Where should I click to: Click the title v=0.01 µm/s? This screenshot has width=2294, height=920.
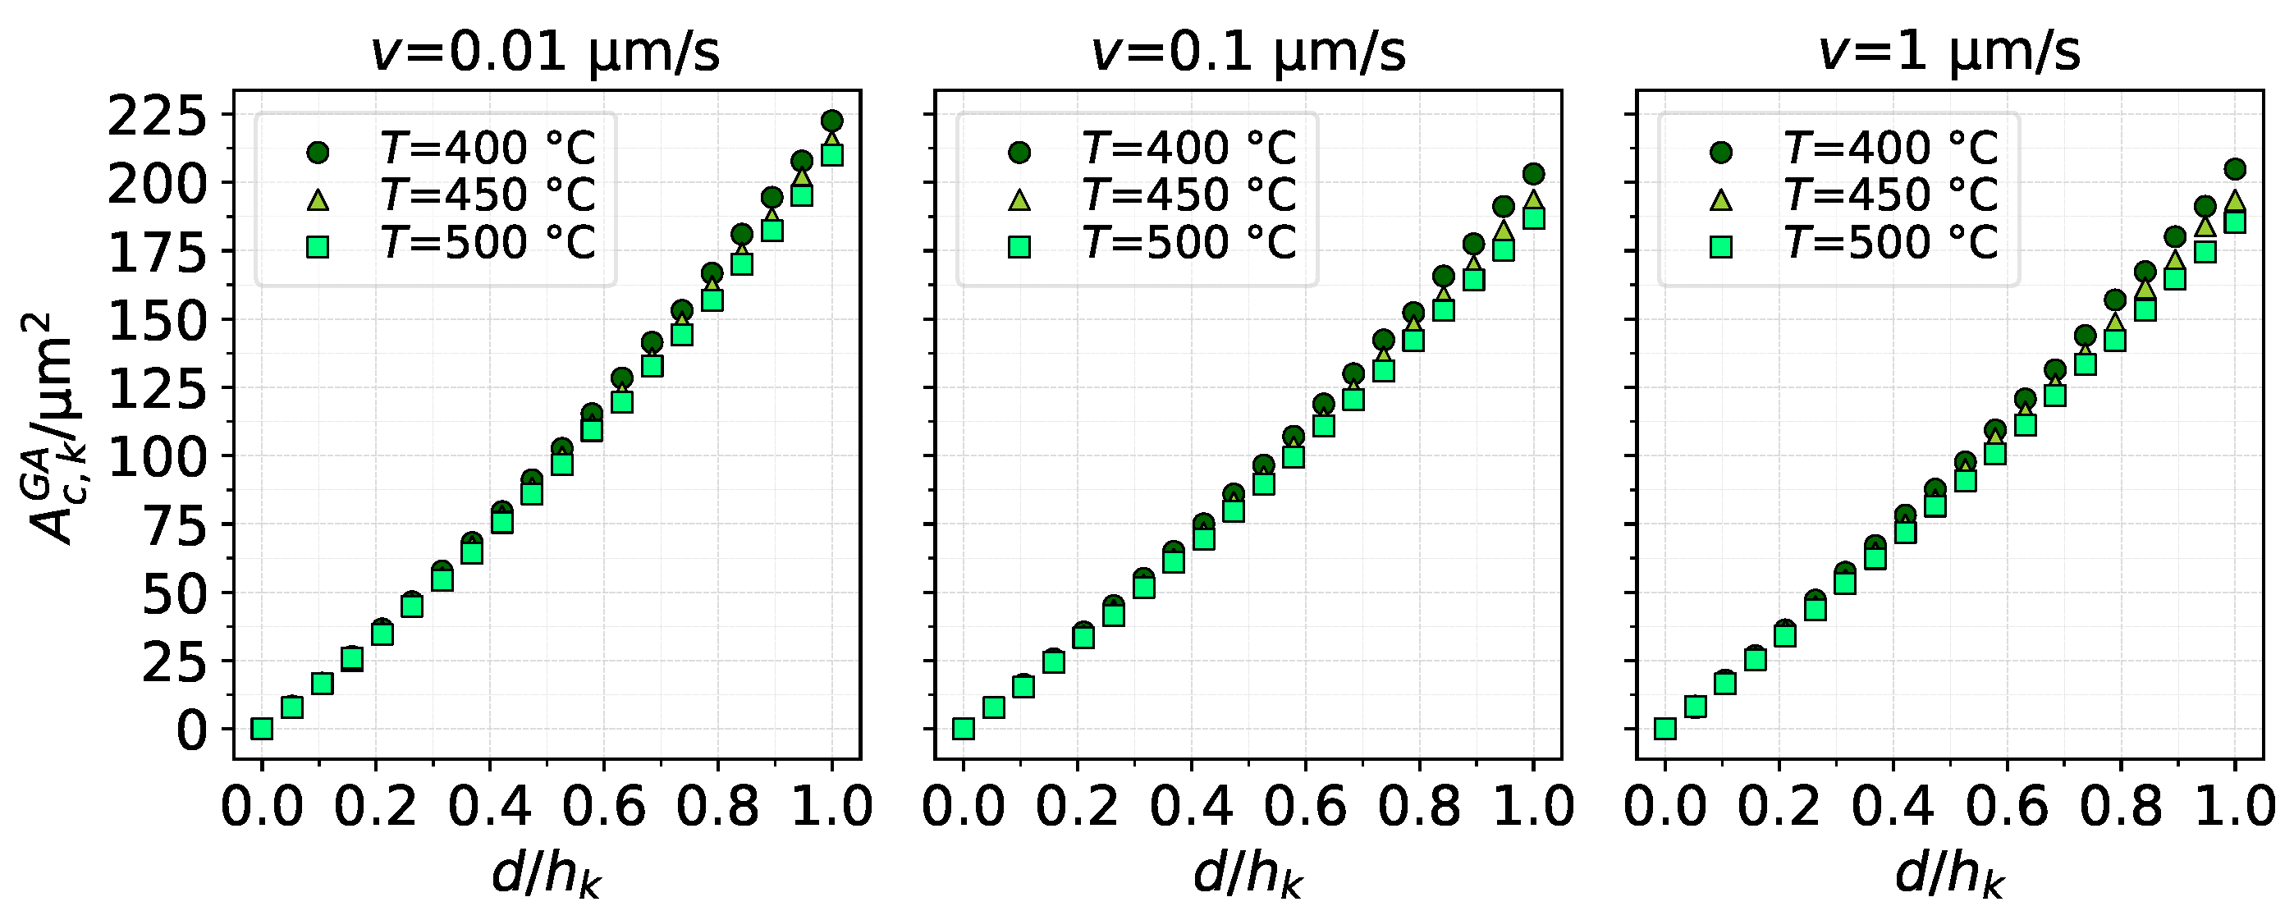click(x=545, y=52)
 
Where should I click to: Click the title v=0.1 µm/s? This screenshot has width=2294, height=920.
click(x=1248, y=52)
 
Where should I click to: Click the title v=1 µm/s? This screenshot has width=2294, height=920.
click(x=1948, y=52)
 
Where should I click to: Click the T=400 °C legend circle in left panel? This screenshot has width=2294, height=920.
click(x=318, y=153)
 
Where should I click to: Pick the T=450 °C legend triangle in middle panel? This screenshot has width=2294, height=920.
click(x=1019, y=200)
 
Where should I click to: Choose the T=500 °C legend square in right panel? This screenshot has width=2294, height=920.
click(x=1721, y=248)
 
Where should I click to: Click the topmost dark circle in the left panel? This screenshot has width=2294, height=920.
click(x=831, y=121)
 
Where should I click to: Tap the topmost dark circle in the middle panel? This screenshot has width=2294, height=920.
click(x=1533, y=174)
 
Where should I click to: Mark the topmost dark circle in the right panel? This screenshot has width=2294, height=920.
click(x=2234, y=168)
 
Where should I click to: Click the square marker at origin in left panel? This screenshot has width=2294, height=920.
click(x=262, y=729)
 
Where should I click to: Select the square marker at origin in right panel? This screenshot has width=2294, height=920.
click(x=1664, y=729)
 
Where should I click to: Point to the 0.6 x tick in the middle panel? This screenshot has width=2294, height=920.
click(x=1305, y=806)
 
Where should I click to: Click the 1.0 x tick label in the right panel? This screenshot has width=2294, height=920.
click(x=2234, y=806)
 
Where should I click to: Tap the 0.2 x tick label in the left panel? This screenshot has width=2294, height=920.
click(x=375, y=806)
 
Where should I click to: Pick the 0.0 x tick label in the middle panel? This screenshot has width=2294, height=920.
click(x=963, y=806)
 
